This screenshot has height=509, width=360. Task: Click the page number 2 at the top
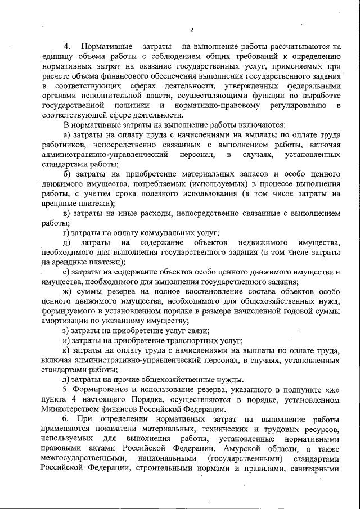[191, 30]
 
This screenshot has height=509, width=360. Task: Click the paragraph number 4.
[66, 46]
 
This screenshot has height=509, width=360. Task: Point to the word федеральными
[313, 85]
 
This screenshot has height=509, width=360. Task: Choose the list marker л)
[66, 380]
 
